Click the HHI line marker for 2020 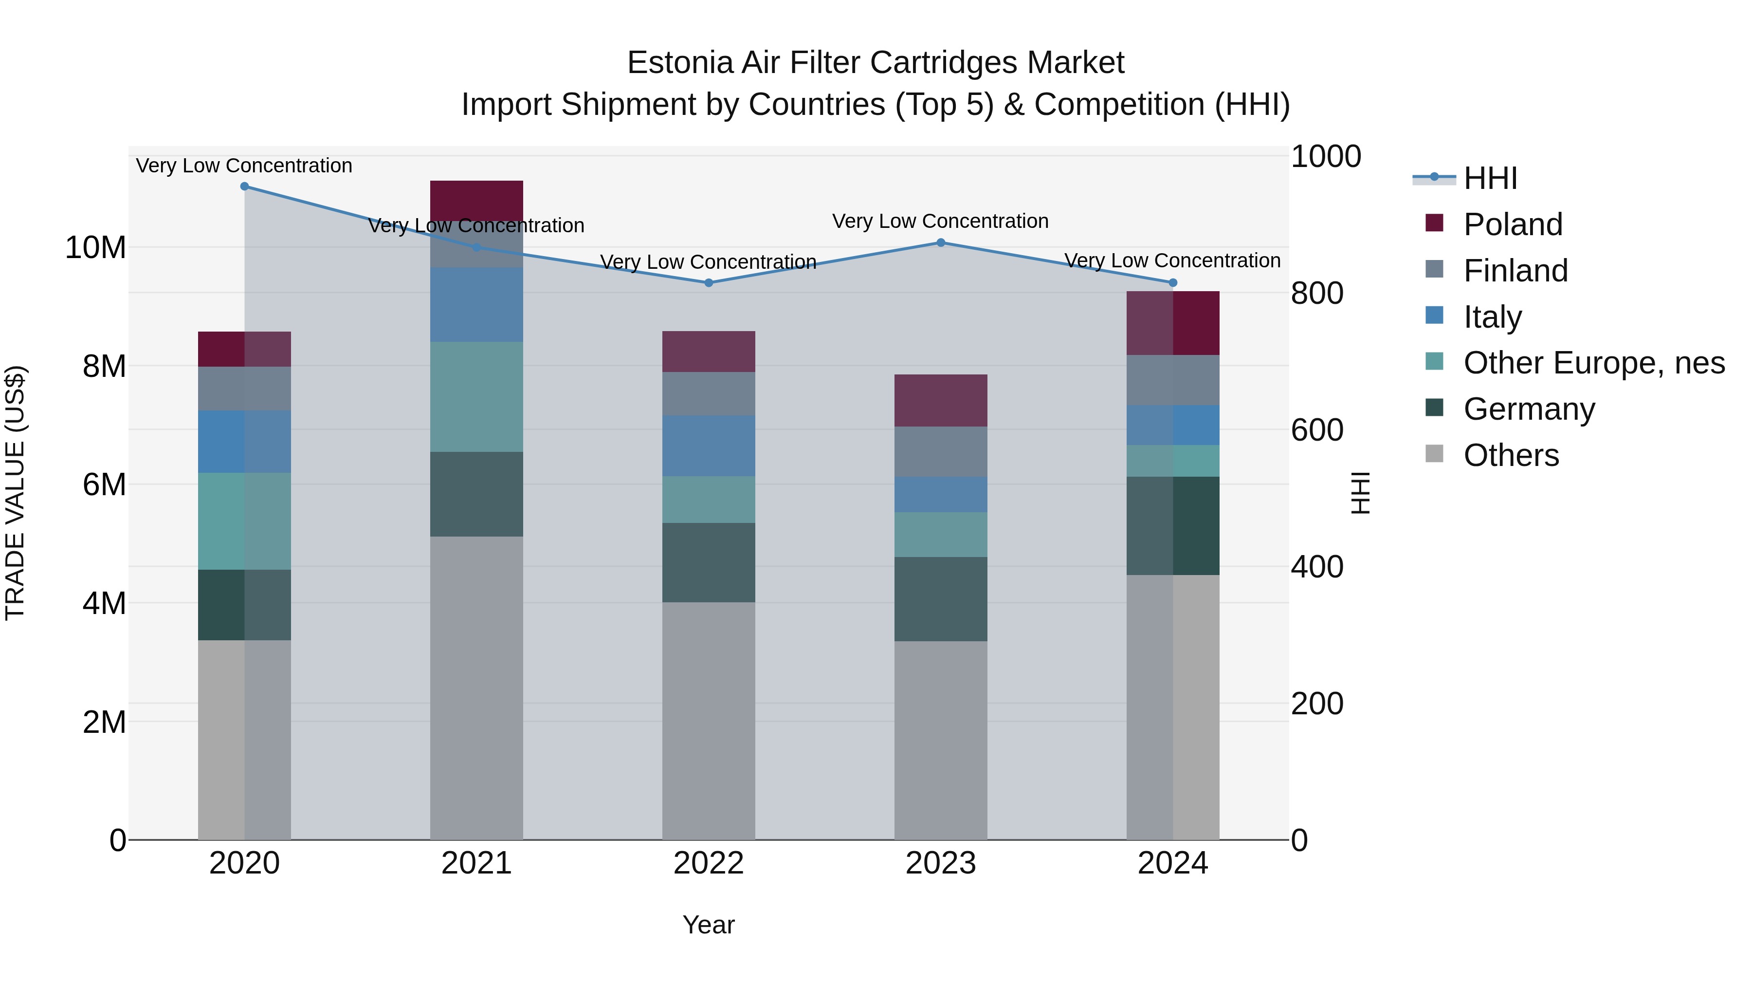[x=244, y=186]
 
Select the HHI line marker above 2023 [x=941, y=242]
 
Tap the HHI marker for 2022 [x=709, y=282]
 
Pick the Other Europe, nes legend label [x=1593, y=363]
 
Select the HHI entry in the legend [x=1490, y=178]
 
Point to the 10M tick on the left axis [x=95, y=248]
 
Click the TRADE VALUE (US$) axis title [x=15, y=493]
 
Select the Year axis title [x=708, y=925]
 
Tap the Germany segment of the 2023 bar [x=941, y=599]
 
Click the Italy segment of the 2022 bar [x=709, y=446]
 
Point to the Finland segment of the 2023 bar [x=941, y=451]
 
